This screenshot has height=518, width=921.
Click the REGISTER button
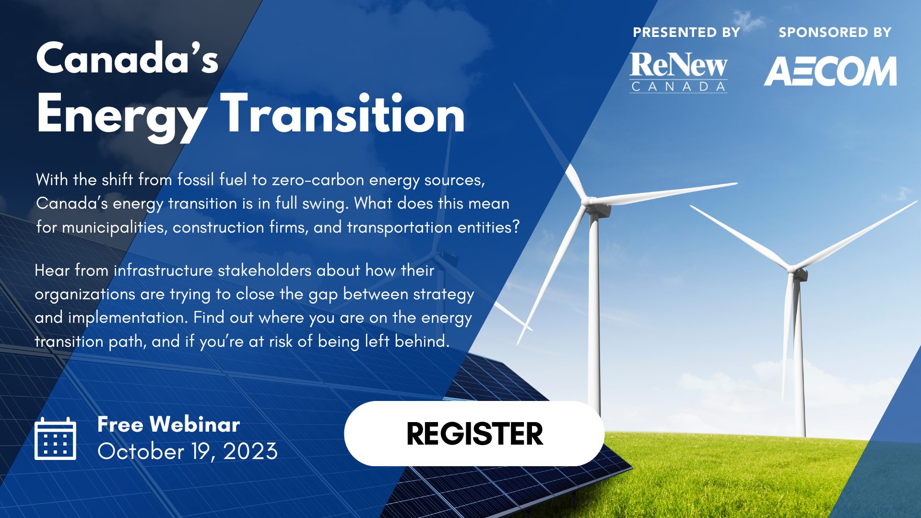coord(474,434)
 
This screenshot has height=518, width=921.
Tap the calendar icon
coord(55,439)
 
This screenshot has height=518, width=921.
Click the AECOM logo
coord(830,71)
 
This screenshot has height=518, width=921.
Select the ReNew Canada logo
coord(678,72)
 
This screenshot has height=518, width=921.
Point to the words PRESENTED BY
coord(686,32)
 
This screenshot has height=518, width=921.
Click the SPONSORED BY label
coord(835,32)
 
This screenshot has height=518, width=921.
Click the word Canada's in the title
coord(127,58)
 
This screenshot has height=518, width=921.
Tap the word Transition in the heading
coord(342,114)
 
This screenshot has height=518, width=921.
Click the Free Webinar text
coord(168,424)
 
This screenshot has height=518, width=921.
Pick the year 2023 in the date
coord(250,451)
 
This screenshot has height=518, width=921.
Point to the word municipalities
coord(115,227)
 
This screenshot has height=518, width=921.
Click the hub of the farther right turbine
coord(794,271)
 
